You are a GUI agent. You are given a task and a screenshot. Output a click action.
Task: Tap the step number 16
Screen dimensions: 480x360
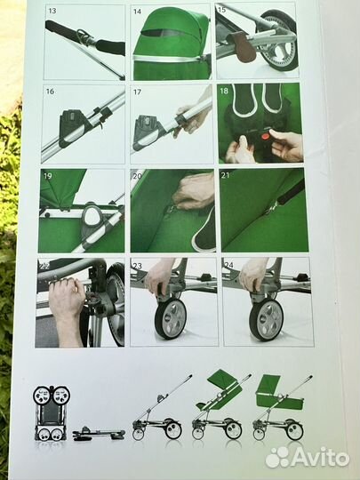pyautogui.click(x=50, y=92)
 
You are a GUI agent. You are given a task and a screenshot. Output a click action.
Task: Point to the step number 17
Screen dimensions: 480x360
pyautogui.click(x=138, y=92)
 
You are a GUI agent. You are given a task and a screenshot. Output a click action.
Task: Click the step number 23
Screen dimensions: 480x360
pyautogui.click(x=138, y=264)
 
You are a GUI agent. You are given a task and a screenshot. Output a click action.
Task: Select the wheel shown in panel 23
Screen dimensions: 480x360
pyautogui.click(x=170, y=319)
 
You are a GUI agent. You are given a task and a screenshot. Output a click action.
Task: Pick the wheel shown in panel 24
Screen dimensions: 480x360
pyautogui.click(x=266, y=319)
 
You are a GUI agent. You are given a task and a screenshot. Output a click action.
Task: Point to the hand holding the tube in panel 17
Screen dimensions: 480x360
pyautogui.click(x=192, y=120)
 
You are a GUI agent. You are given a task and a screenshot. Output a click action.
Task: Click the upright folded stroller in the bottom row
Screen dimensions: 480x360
pyautogui.click(x=52, y=413)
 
